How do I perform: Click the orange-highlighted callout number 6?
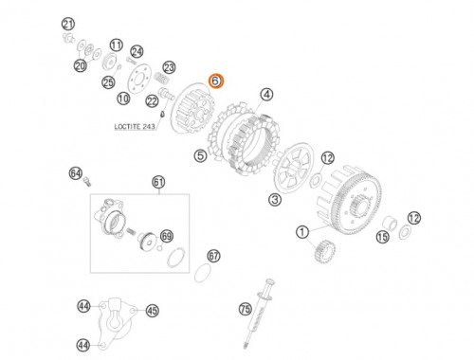click(216, 81)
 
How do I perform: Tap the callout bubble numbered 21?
click(68, 25)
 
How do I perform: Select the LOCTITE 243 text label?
click(135, 127)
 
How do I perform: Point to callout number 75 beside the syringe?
click(246, 309)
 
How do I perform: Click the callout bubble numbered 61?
click(158, 182)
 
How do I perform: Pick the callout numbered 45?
click(153, 311)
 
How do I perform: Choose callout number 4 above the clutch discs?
click(266, 95)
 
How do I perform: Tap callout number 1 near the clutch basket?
click(302, 232)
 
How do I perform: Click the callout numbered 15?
click(383, 237)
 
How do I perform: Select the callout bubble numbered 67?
click(214, 256)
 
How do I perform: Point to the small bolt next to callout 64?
click(87, 182)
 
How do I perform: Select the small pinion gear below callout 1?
click(324, 251)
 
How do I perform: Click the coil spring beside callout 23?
click(163, 78)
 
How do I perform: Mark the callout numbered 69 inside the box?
click(167, 236)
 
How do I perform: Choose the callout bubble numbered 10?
click(123, 99)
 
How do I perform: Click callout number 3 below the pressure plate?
click(275, 200)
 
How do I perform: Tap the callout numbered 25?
click(108, 82)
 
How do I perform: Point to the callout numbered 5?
click(201, 155)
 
